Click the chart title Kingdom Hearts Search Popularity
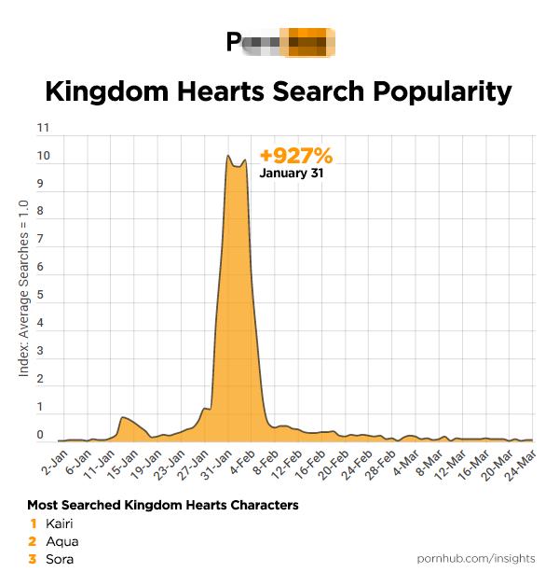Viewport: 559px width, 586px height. [x=279, y=91]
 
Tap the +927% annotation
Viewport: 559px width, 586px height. [x=295, y=156]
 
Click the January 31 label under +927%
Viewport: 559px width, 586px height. [x=291, y=174]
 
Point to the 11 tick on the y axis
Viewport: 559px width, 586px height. [x=43, y=128]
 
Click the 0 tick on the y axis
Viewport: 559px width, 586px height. [x=40, y=436]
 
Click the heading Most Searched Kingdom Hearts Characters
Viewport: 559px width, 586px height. [x=163, y=505]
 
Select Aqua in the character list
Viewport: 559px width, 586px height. [x=62, y=541]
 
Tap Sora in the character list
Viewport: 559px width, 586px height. [x=60, y=559]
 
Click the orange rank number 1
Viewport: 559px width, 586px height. [x=34, y=523]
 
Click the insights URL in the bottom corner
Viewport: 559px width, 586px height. [x=475, y=558]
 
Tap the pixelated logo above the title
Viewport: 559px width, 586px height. [x=280, y=42]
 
